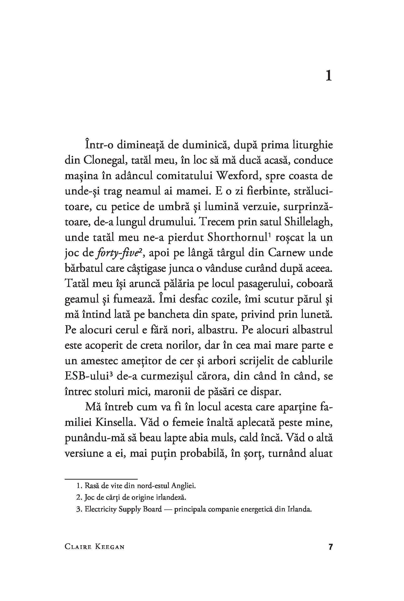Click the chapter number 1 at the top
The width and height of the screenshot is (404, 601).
pos(328,76)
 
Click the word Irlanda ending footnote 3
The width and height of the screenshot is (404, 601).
pos(299,509)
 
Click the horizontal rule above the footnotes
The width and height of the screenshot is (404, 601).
pos(101,479)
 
